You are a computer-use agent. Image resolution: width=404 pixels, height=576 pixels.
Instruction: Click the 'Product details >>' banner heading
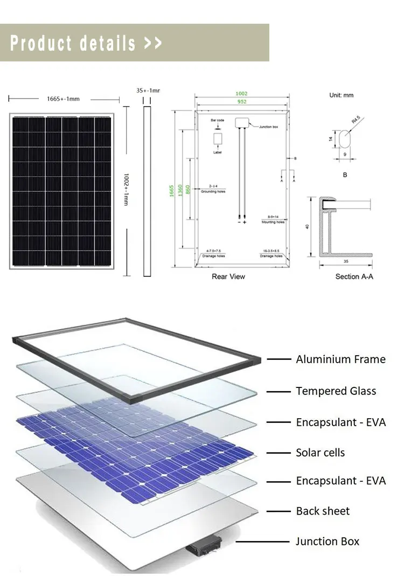point(86,43)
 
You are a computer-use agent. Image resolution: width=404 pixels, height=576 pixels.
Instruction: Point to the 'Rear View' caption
point(228,276)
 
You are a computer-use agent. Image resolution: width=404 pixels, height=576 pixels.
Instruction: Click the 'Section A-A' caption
point(354,276)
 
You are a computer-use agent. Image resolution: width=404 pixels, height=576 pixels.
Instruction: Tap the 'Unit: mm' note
point(342,95)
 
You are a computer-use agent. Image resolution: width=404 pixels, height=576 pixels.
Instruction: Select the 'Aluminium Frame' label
point(340,359)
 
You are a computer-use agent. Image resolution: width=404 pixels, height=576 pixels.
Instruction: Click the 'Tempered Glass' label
point(336,391)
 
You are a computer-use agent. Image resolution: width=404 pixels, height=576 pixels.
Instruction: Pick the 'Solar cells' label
point(320,453)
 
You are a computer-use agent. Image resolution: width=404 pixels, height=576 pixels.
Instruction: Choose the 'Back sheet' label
point(323,511)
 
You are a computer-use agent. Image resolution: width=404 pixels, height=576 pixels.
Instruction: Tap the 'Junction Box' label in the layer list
point(327,542)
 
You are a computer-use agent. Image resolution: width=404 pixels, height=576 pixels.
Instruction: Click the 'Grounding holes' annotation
point(213,191)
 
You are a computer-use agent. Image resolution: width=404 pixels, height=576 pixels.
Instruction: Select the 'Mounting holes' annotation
point(273,222)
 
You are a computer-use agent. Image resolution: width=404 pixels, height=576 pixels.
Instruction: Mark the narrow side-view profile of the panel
point(147,191)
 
